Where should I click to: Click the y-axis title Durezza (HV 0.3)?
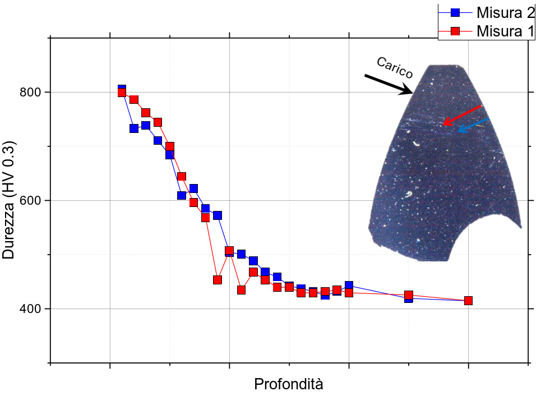click(x=9, y=200)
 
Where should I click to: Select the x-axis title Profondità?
click(x=289, y=385)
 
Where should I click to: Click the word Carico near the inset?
click(x=395, y=68)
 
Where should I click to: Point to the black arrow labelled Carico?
click(x=388, y=84)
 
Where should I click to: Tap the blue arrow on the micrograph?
click(x=474, y=125)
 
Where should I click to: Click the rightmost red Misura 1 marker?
click(x=468, y=301)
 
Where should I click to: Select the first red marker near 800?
click(x=122, y=93)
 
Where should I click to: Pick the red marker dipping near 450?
click(x=218, y=280)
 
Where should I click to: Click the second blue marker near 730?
click(x=134, y=128)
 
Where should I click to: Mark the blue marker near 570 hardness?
click(x=218, y=215)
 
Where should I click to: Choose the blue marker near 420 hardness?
click(x=408, y=298)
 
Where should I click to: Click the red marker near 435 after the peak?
click(x=241, y=290)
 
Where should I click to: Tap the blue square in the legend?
click(x=455, y=12)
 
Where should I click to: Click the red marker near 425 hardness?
click(x=408, y=295)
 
